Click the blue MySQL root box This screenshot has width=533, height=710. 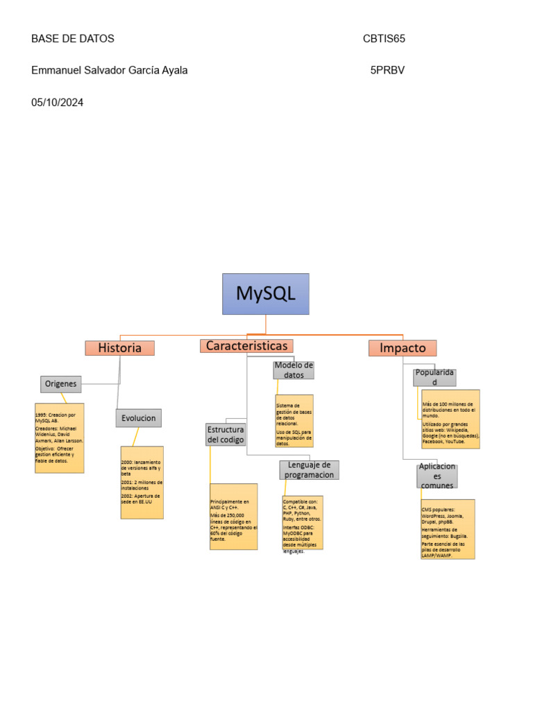[x=265, y=293]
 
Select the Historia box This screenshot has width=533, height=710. [x=119, y=348]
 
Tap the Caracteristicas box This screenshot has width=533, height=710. [x=246, y=345]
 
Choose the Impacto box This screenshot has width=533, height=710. [x=402, y=348]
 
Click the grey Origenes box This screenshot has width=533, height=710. [x=60, y=383]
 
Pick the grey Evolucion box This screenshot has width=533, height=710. [x=138, y=418]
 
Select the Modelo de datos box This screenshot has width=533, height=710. [x=294, y=370]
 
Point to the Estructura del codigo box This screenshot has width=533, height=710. [x=225, y=434]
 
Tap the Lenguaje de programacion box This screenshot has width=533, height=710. [x=309, y=469]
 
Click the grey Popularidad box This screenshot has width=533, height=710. [x=434, y=377]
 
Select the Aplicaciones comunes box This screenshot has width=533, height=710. [x=437, y=476]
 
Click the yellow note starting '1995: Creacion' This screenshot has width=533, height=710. [x=59, y=438]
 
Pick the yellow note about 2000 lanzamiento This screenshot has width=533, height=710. [x=142, y=482]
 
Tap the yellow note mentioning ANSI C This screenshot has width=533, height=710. [x=233, y=517]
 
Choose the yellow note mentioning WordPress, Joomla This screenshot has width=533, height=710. [x=447, y=529]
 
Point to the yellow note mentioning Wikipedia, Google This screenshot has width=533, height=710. [x=450, y=419]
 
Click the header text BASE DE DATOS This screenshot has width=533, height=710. [x=73, y=39]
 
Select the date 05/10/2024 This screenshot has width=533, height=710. [x=58, y=103]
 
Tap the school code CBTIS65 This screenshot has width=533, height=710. [x=384, y=39]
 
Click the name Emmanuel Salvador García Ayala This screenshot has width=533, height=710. [x=110, y=71]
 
